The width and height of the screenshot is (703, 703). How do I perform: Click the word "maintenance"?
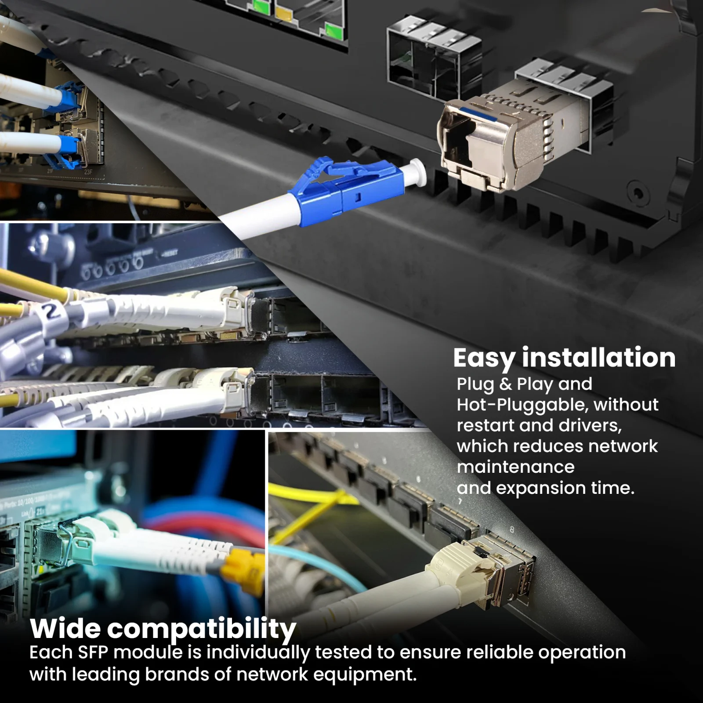point(515,467)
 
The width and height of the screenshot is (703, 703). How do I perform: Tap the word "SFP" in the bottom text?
point(93,652)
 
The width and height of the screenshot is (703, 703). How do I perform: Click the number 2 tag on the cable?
point(52,311)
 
